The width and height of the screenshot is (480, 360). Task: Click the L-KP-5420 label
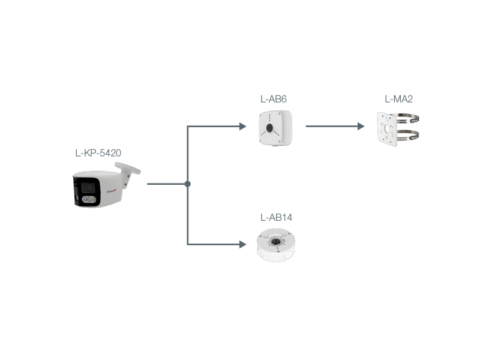98,153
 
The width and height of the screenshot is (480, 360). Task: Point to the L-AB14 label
277,217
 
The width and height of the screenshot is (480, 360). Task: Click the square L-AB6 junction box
275,128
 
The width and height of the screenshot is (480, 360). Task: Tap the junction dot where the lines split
188,184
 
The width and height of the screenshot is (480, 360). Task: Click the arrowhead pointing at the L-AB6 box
242,127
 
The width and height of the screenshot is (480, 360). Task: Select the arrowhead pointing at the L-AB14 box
242,244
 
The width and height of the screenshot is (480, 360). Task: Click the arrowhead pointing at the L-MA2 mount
361,127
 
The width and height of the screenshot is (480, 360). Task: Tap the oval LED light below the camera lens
88,200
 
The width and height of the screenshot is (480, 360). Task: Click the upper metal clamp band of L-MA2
407,119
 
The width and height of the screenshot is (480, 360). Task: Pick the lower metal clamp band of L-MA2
407,134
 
